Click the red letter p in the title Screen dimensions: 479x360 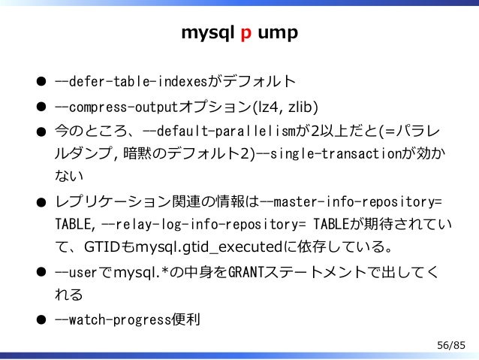tap(246, 35)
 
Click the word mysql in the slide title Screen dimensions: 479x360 tap(207, 34)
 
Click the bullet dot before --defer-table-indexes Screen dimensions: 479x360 tap(44, 80)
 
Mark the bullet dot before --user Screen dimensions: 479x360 tap(44, 274)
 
